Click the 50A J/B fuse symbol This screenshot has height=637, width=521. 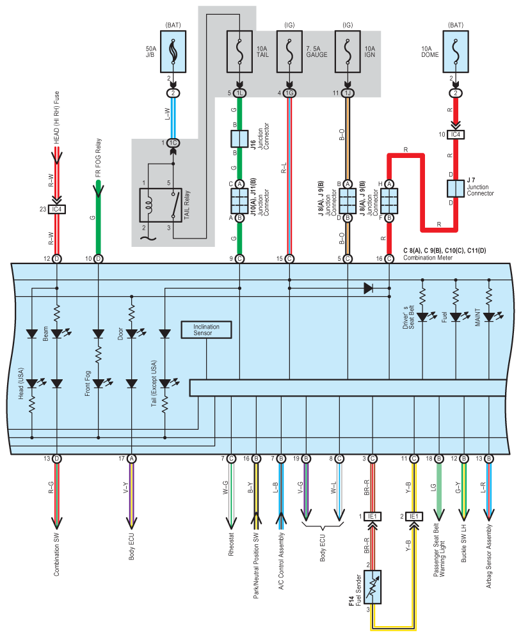coord(173,52)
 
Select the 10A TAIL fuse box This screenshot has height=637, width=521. coord(239,52)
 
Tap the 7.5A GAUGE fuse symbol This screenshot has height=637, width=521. coord(289,52)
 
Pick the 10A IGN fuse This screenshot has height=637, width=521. coord(348,52)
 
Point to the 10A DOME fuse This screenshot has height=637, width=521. coord(456,52)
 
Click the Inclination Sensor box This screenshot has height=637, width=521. coord(206,330)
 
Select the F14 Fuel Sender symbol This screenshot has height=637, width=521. coord(373,587)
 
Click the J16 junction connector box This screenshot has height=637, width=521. coord(239,139)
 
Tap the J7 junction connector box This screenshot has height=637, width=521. coord(456,189)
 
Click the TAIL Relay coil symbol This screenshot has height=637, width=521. coord(149,205)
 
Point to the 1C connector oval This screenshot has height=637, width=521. coord(173,143)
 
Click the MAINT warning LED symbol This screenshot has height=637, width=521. coord(490,317)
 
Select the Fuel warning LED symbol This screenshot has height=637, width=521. coord(456,317)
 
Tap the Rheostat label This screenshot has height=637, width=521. coord(231,544)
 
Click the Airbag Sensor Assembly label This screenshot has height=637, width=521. coord(489,556)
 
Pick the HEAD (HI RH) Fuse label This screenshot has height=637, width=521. coord(56,118)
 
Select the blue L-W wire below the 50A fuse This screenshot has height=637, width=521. coord(173,118)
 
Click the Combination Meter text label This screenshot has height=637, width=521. coord(428,258)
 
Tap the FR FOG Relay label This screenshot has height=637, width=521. coord(98,157)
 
